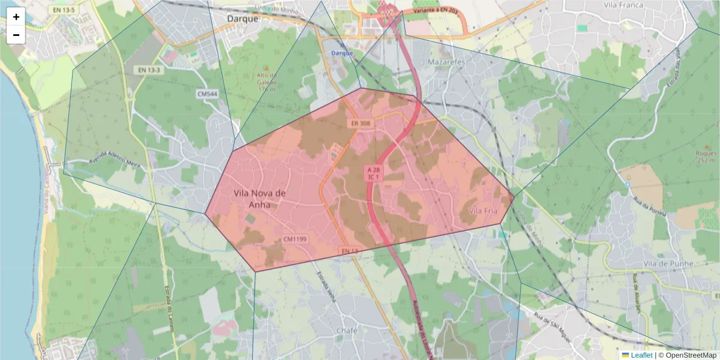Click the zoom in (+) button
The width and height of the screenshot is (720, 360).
16,17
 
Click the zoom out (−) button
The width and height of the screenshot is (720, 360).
16,35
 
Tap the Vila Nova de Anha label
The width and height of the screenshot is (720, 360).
259,199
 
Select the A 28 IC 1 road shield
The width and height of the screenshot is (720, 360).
373,173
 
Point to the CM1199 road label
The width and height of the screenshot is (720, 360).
295,239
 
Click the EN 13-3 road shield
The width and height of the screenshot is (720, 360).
149,70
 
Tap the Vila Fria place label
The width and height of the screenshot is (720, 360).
483,211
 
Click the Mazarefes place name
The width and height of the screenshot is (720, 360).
447,62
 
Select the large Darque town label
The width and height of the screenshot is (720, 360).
242,19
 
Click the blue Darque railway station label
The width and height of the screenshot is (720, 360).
342,53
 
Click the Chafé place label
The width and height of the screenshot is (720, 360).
347,331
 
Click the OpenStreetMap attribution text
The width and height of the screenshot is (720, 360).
687,355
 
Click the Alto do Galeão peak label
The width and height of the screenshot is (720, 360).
267,82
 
